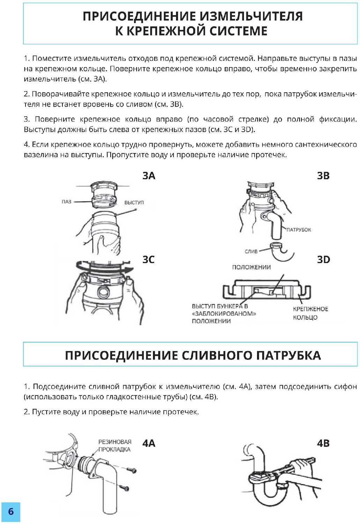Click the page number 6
[x=11, y=512]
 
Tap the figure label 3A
[x=149, y=176]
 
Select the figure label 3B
[x=323, y=176]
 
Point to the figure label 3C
[x=148, y=260]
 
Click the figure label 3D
[x=323, y=260]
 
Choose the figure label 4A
[x=149, y=443]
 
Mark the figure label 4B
[x=323, y=443]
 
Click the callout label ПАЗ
[x=66, y=202]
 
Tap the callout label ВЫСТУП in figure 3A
[x=134, y=203]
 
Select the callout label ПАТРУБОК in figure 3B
[x=299, y=230]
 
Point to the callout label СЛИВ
[x=251, y=251]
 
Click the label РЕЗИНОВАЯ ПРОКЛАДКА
[x=115, y=446]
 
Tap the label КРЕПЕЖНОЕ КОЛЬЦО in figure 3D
[x=310, y=313]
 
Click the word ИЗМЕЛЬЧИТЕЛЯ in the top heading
[x=251, y=16]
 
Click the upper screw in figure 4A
[x=132, y=470]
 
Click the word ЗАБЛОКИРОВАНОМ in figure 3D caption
[x=224, y=314]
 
